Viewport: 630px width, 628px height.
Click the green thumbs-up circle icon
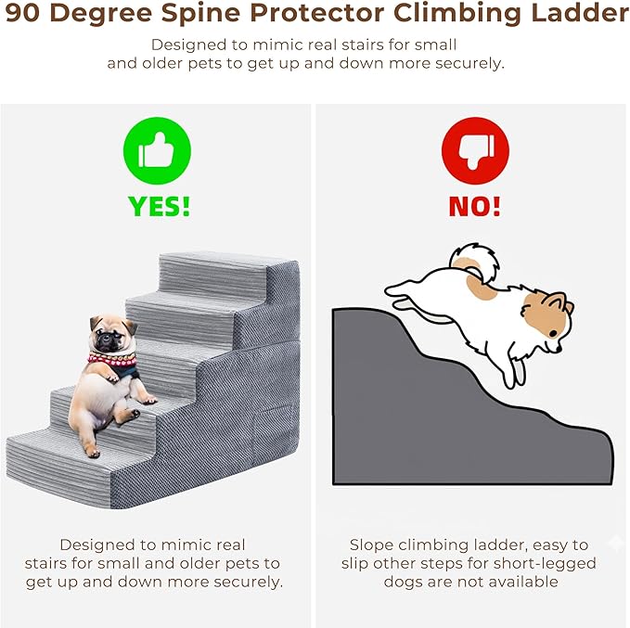(x=157, y=150)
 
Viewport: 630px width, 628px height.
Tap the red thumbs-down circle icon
(x=475, y=150)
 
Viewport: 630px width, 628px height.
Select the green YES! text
(x=159, y=207)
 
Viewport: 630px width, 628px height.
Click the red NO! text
(x=474, y=207)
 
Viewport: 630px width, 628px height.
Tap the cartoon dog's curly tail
(x=474, y=262)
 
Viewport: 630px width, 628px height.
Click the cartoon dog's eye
(x=553, y=333)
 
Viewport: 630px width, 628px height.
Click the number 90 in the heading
(x=23, y=14)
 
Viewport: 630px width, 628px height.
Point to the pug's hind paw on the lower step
(x=93, y=452)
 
